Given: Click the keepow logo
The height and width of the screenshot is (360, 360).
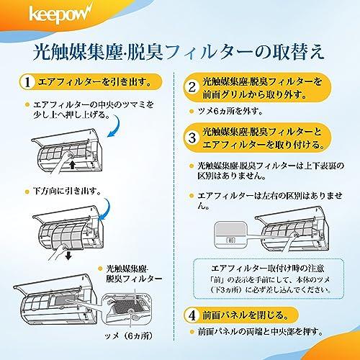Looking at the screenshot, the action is pos(60,14).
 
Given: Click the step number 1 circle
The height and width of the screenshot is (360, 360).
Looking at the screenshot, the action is pos(27,82).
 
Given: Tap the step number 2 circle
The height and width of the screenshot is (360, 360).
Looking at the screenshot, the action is pos(192,87).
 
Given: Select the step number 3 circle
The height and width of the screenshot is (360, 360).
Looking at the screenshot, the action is pos(192,138).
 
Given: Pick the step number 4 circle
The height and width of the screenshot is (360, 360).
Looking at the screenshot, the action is pos(192,315).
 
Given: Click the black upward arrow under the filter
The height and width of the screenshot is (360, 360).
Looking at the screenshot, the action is pos(73,165).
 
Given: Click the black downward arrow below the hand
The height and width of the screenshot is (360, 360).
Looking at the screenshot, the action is pos(68,256).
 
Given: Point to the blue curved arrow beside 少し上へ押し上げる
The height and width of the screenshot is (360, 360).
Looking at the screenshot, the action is pos(114,127).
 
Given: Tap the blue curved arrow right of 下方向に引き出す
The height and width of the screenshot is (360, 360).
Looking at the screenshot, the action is pos(104,210).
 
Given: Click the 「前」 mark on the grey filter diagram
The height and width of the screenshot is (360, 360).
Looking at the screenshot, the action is pos(230,240).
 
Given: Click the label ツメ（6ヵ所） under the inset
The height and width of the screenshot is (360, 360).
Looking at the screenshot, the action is pos(129,336).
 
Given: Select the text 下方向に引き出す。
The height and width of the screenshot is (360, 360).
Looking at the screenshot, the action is pos(67,192).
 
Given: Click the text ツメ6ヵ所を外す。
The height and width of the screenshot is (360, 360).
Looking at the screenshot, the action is pos(230,112).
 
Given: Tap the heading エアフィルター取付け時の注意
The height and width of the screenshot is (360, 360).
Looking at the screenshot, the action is pos(268,269).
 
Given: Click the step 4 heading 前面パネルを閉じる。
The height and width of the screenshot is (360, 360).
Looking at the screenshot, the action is pos(246,315).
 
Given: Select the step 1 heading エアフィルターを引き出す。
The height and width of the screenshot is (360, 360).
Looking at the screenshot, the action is pos(95,82).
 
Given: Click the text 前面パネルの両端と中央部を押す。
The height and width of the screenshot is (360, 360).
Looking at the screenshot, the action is pos(261,332).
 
